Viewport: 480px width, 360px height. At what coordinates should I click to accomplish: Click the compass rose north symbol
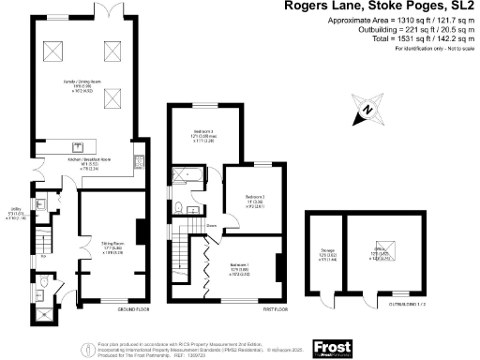[368, 110]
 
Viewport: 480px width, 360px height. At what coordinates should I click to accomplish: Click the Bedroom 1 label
[243, 268]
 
